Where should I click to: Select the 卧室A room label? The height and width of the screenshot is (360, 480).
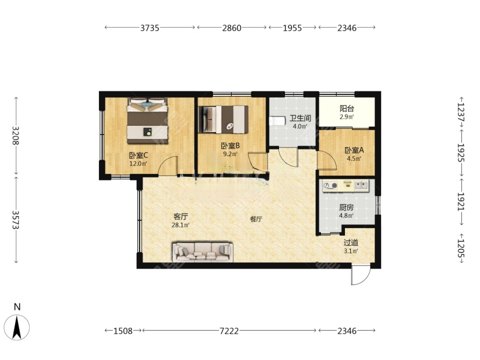[353, 151]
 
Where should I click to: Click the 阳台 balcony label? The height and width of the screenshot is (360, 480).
[347, 109]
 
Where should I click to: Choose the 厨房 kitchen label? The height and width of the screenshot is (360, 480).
[346, 207]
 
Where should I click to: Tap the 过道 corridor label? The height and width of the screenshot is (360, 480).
[351, 242]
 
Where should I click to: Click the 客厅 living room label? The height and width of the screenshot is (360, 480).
[181, 217]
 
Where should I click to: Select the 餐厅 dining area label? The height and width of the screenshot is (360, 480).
[256, 219]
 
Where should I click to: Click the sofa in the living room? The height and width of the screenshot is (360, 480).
[202, 252]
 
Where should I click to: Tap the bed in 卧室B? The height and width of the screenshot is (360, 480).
[223, 119]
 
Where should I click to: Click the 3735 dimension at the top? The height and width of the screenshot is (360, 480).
[149, 28]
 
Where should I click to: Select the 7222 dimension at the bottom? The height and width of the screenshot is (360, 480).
[230, 331]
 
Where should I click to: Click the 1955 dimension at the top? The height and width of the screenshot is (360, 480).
[293, 28]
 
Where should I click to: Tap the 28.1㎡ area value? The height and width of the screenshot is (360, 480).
[181, 226]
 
